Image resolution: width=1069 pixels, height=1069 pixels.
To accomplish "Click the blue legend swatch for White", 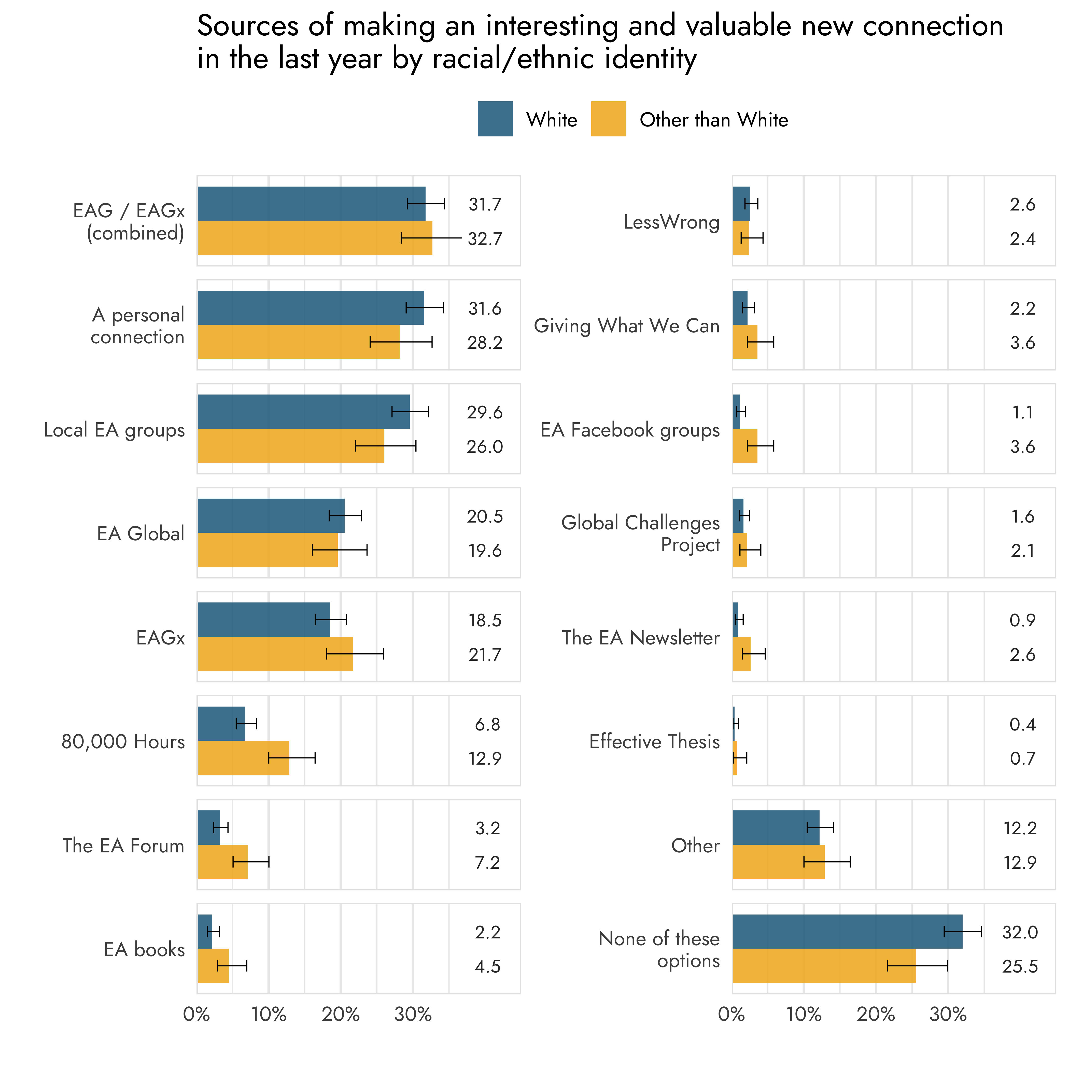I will [495, 119].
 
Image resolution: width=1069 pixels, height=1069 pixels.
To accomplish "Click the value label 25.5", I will [1020, 967].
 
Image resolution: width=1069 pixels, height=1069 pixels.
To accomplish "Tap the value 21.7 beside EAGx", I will [485, 655].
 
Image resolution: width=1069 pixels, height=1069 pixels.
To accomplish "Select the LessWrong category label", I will [671, 222].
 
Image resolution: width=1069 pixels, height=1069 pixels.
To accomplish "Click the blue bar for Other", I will [776, 828].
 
